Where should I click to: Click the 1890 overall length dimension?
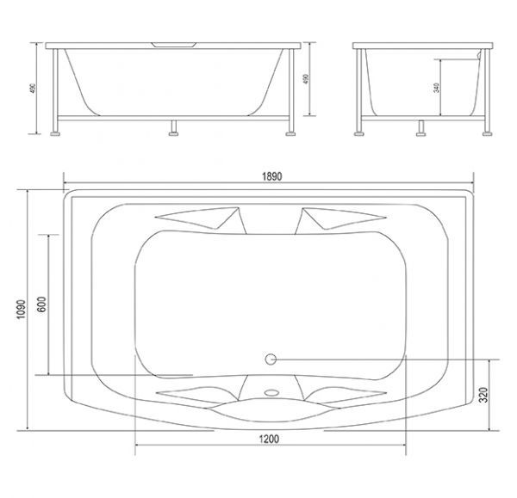click(272, 176)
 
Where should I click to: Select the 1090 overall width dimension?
click(21, 309)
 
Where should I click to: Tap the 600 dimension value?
click(42, 304)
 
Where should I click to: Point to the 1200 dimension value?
click(269, 439)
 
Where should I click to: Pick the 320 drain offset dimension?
click(483, 395)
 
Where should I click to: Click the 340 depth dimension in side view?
click(437, 88)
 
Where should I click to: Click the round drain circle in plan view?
click(271, 360)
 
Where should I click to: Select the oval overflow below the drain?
click(272, 392)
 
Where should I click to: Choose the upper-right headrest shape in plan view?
click(340, 218)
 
